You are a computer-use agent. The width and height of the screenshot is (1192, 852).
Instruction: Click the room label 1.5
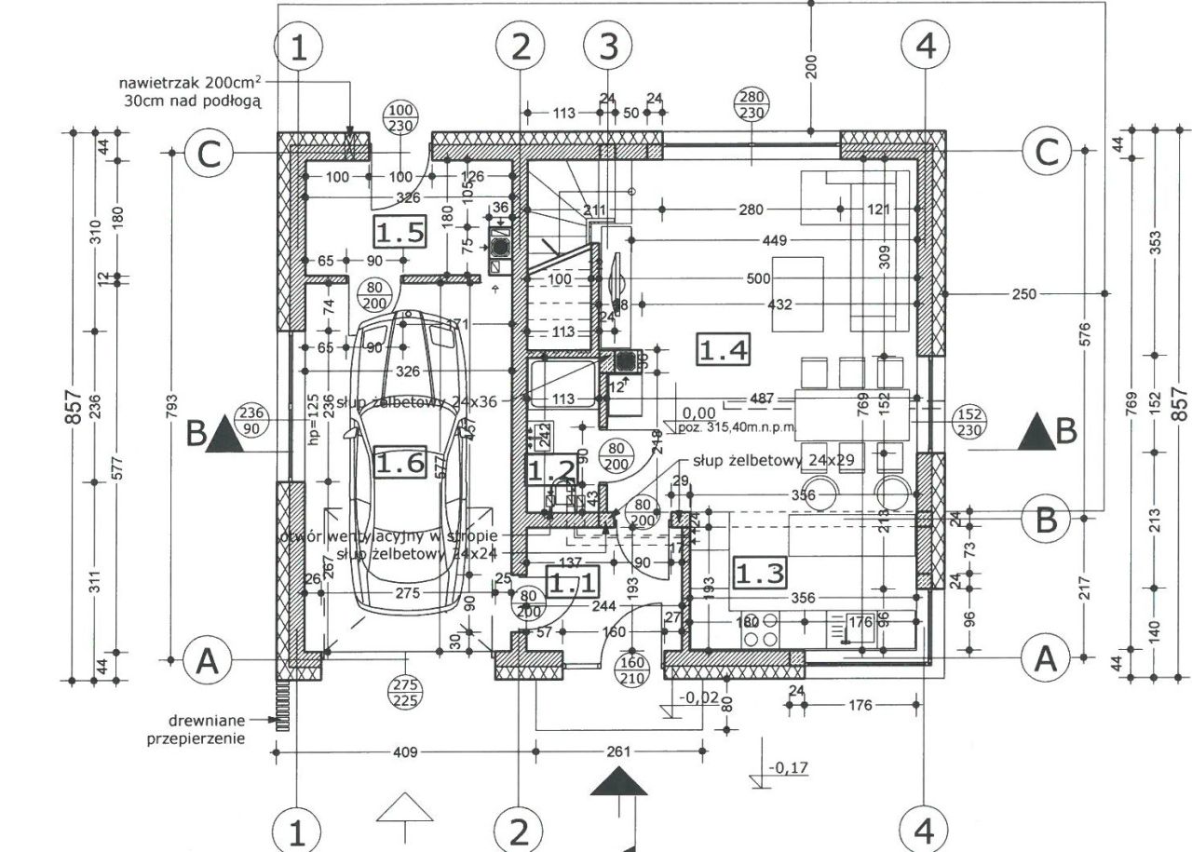400,231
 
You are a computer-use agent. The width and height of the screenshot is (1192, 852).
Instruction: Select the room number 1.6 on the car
400,463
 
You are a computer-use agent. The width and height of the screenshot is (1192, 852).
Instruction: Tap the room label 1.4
724,350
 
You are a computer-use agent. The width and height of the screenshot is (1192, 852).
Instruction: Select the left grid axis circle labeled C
209,154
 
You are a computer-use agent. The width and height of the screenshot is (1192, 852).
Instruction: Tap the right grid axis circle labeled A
1046,659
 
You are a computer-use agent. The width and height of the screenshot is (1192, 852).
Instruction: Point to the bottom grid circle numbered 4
925,830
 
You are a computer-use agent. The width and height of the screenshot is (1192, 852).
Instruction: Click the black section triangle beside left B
223,435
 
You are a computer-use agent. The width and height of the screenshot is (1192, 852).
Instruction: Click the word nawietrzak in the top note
160,81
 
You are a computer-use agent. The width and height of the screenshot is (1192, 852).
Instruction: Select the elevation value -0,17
788,768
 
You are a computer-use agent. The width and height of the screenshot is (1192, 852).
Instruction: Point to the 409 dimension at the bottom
404,751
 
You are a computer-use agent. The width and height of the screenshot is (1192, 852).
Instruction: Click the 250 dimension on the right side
1023,294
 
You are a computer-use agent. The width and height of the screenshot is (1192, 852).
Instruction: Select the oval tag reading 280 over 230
751,105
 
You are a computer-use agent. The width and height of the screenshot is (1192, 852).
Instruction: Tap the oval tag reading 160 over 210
631,670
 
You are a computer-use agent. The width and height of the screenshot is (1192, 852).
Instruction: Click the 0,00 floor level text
698,412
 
